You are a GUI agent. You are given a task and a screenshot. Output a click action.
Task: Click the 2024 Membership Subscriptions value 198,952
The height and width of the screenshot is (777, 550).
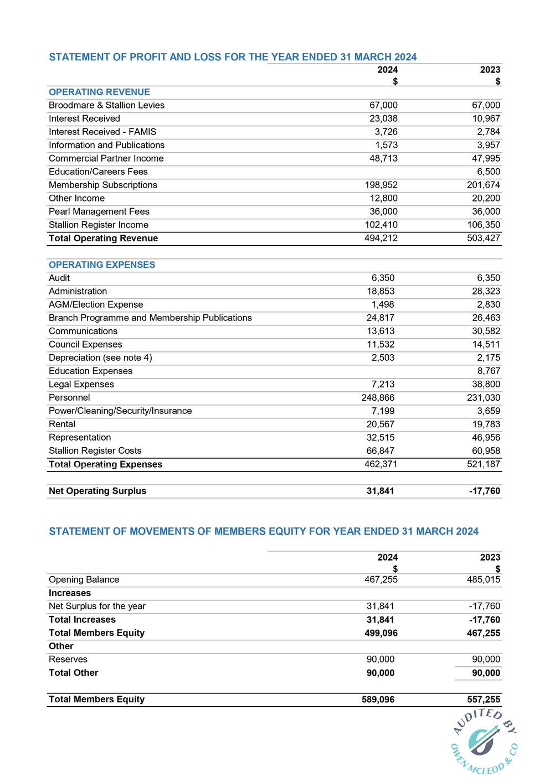tap(381, 185)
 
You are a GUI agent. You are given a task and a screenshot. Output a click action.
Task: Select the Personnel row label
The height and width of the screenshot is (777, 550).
tap(69, 397)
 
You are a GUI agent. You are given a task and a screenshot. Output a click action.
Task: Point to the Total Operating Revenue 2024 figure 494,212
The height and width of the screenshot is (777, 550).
tap(381, 238)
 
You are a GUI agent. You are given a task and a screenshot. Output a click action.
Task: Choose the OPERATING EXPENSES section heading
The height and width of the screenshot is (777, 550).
tap(102, 265)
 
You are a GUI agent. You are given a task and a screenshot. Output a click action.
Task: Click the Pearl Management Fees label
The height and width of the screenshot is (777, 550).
tap(99, 211)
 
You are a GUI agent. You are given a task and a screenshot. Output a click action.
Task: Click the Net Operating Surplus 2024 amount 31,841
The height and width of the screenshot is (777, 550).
tap(380, 491)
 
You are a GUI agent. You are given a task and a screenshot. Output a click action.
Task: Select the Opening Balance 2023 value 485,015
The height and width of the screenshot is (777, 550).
tap(484, 579)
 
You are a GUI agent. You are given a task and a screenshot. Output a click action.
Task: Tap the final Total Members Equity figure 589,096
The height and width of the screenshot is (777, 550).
tap(378, 699)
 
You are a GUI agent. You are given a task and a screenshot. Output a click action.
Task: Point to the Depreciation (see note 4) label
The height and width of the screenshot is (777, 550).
tap(100, 358)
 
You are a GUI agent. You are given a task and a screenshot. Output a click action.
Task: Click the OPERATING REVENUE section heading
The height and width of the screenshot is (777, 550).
tap(99, 92)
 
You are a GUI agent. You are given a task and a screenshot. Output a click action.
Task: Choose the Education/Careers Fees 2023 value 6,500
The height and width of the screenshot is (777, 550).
tap(489, 172)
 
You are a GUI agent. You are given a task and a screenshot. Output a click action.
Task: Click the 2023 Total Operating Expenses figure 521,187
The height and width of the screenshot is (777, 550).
tap(484, 464)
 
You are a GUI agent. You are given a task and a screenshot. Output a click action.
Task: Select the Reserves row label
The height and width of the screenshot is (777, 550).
tap(68, 659)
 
